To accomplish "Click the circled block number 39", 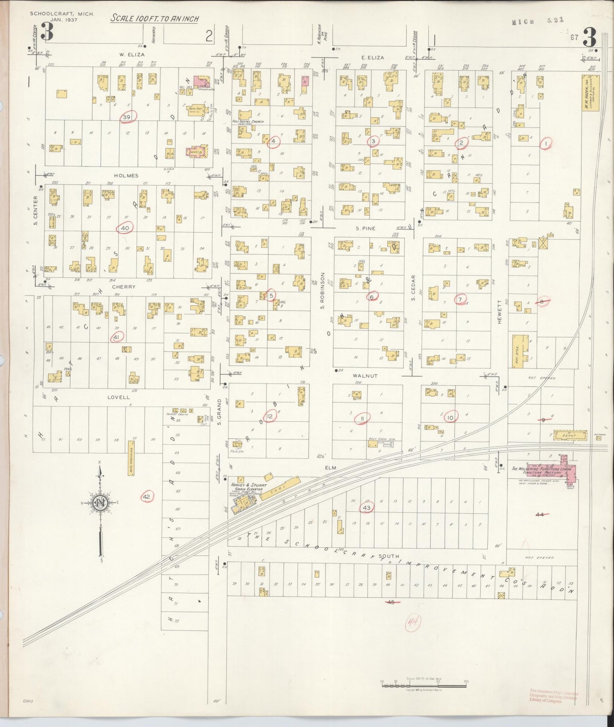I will [127, 116].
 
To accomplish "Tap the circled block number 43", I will [366, 508].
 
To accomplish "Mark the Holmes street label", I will [126, 175].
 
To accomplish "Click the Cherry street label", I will [124, 287].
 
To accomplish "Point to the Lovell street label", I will [119, 398].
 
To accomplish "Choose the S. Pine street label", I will [365, 228].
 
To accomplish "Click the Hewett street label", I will [500, 314].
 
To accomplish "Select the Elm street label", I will [331, 468].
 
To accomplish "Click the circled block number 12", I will [270, 416].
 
